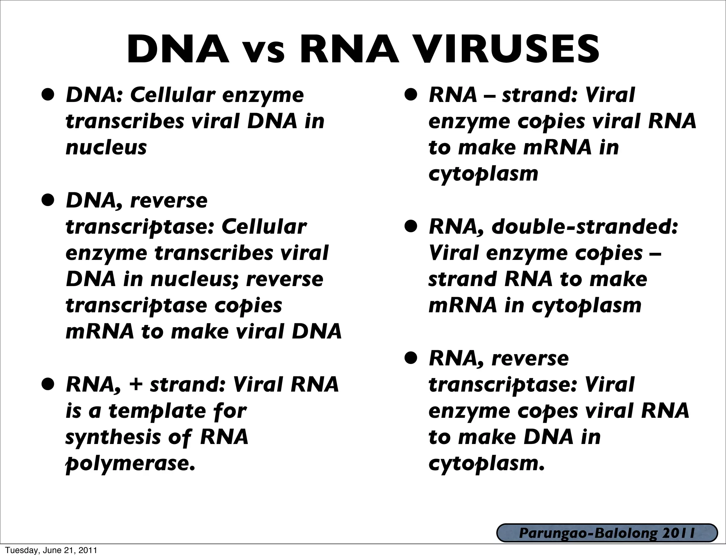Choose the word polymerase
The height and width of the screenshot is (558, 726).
tap(130, 463)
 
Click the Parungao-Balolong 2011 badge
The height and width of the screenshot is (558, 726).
tap(607, 533)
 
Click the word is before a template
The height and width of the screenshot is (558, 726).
tap(73, 411)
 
